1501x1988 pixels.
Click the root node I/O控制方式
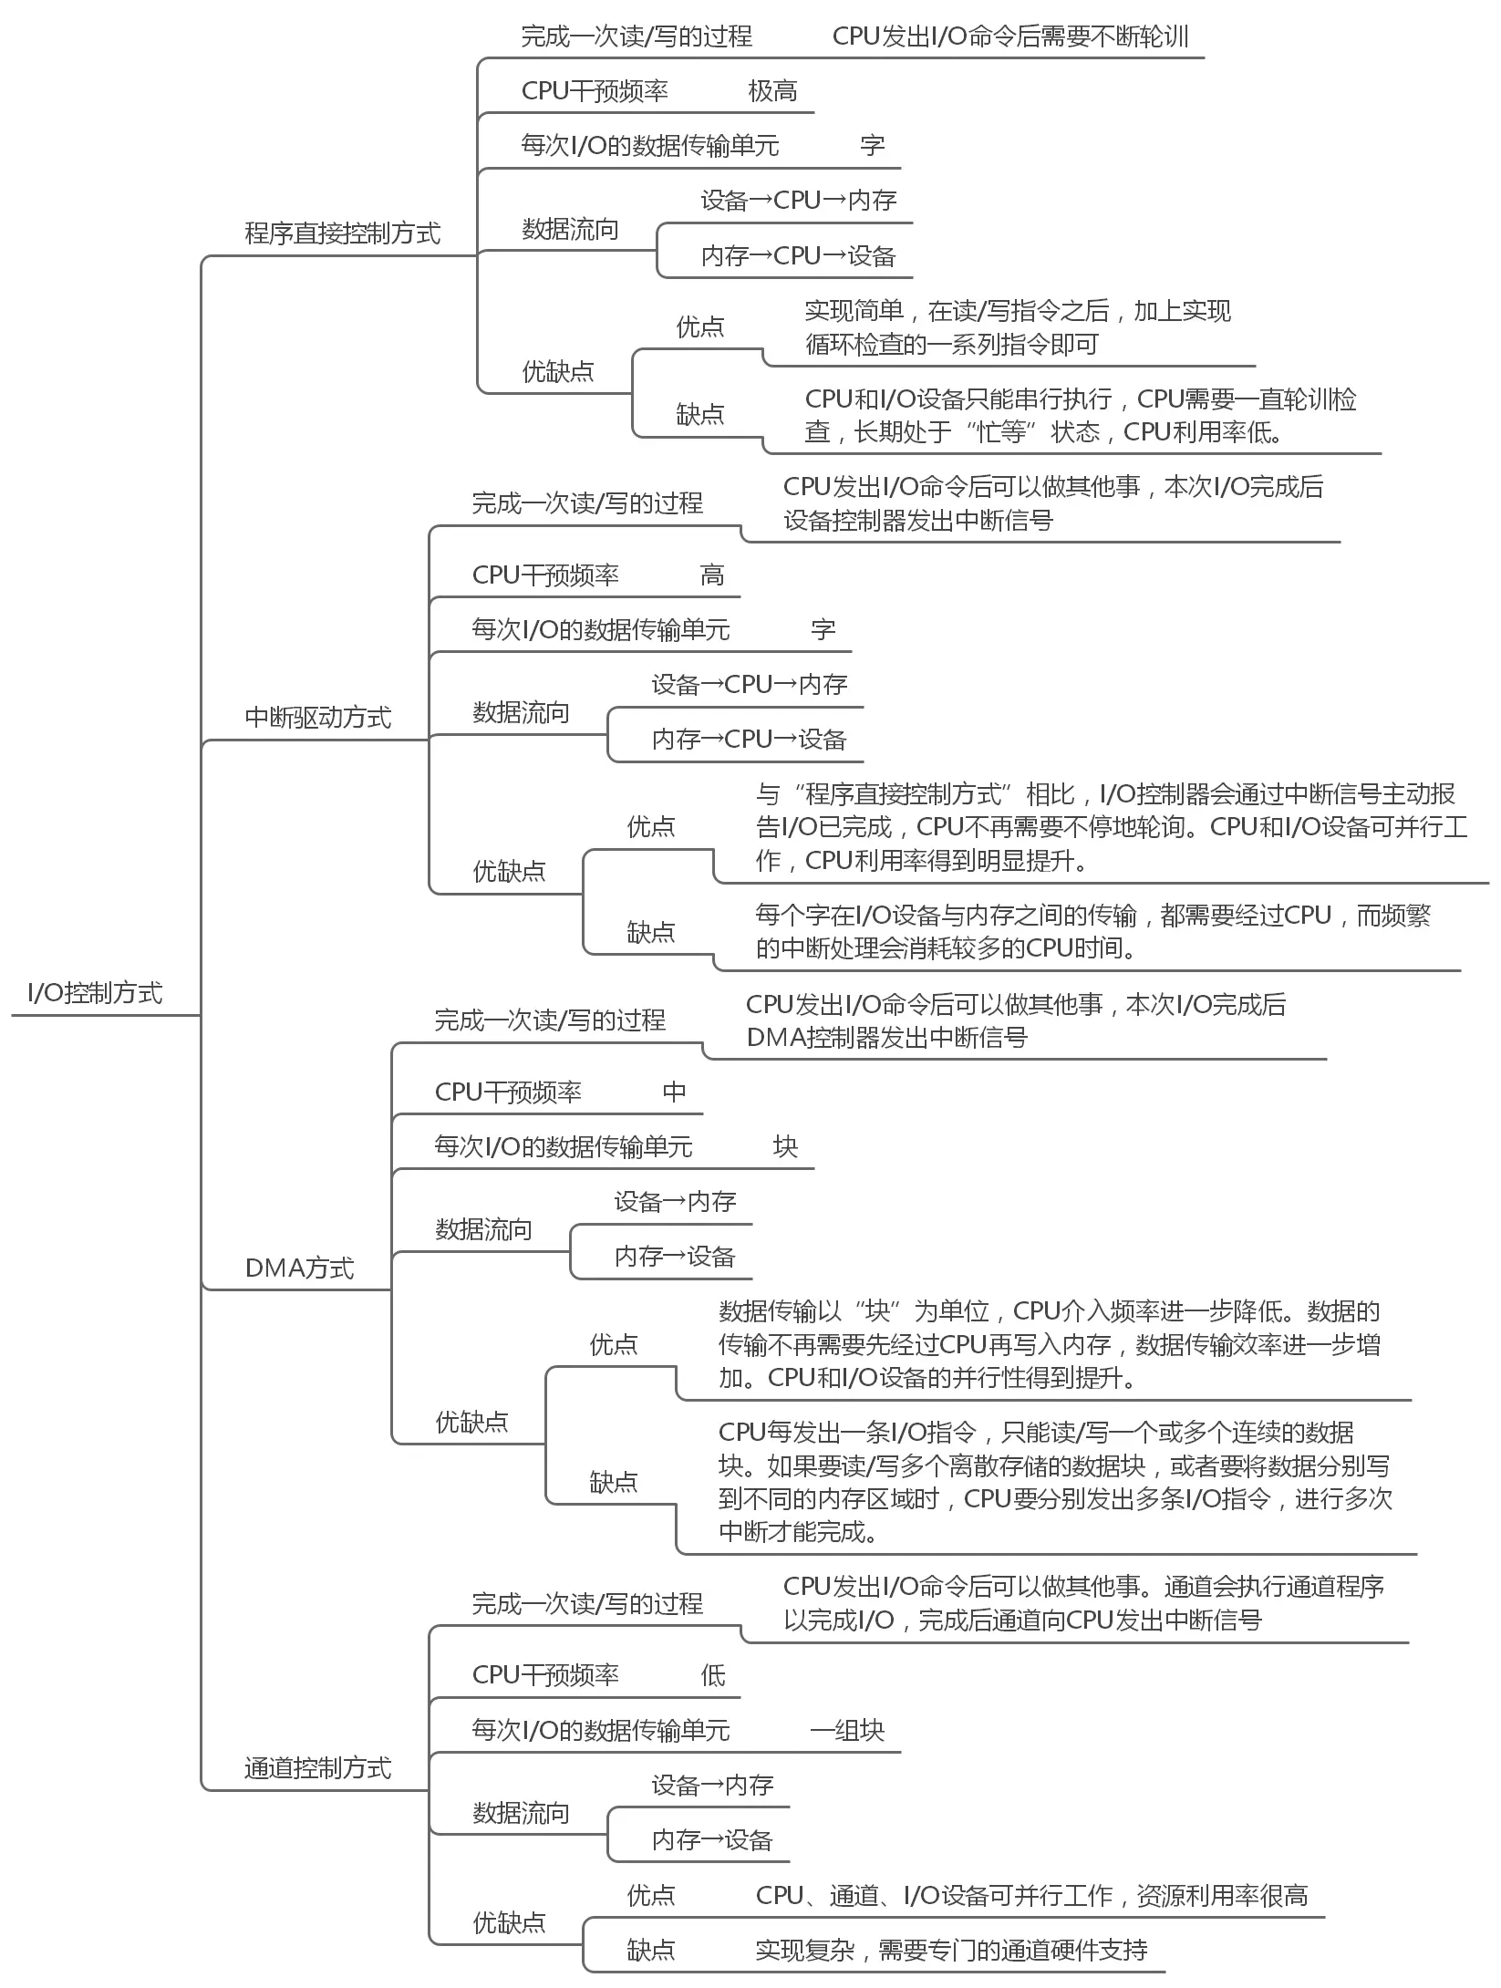pyautogui.click(x=95, y=992)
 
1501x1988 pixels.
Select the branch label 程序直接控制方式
pyautogui.click(x=342, y=233)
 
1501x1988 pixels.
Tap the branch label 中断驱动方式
pyautogui.click(x=317, y=718)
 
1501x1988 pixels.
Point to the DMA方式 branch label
pyautogui.click(x=299, y=1268)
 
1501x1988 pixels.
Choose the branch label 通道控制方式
pyautogui.click(x=317, y=1768)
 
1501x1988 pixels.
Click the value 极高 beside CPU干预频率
pyautogui.click(x=772, y=91)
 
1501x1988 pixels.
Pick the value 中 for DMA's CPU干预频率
pyautogui.click(x=674, y=1092)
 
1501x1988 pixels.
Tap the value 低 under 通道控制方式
pyautogui.click(x=712, y=1675)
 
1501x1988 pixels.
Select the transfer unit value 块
pyautogui.click(x=785, y=1146)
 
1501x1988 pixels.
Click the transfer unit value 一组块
pyautogui.click(x=847, y=1730)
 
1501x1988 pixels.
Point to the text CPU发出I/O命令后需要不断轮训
pyautogui.click(x=1010, y=36)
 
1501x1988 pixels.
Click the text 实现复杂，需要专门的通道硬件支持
pyautogui.click(x=951, y=1950)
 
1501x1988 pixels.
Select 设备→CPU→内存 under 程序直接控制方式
pyautogui.click(x=798, y=201)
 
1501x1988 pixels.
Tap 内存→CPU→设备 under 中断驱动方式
pyautogui.click(x=749, y=739)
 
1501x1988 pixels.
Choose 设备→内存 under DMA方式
pyautogui.click(x=675, y=1201)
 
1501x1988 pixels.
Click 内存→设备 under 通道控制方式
pyautogui.click(x=712, y=1839)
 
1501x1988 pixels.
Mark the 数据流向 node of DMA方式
pyautogui.click(x=483, y=1229)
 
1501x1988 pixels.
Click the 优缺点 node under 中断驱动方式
pyautogui.click(x=509, y=871)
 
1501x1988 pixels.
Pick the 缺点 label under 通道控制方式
pyautogui.click(x=650, y=1950)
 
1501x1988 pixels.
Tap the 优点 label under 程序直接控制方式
pyautogui.click(x=699, y=326)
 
